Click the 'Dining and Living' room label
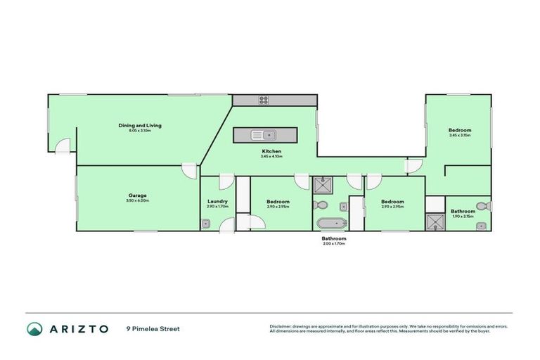click(x=140, y=125)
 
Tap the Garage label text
click(x=138, y=195)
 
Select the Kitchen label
click(x=271, y=152)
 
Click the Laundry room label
click(x=217, y=201)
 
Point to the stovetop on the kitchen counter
click(x=264, y=101)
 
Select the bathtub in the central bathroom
click(x=330, y=224)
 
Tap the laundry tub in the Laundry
click(x=205, y=224)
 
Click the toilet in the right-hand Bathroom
click(x=482, y=207)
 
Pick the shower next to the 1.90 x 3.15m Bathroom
click(x=435, y=221)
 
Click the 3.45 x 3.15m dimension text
click(x=460, y=135)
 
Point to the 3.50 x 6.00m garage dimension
click(x=138, y=200)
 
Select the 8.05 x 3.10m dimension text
click(x=140, y=131)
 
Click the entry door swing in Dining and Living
click(x=63, y=146)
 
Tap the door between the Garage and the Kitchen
click(x=190, y=170)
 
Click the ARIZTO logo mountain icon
click(x=34, y=328)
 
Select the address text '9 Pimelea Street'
click(x=153, y=328)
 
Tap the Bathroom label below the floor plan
click(x=334, y=238)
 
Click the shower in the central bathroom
click(x=324, y=184)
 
